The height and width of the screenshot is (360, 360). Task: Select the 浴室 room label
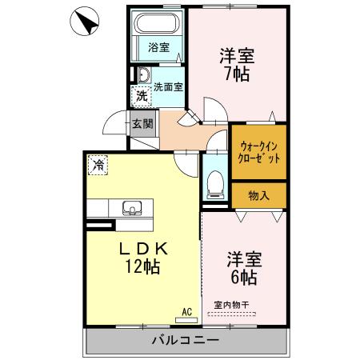pyautogui.click(x=158, y=47)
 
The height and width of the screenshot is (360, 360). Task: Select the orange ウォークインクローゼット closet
pyautogui.click(x=258, y=152)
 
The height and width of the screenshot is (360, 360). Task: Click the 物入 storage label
pyautogui.click(x=258, y=194)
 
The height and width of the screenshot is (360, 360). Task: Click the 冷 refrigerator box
pyautogui.click(x=98, y=166)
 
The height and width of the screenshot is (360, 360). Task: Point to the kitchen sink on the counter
pyautogui.click(x=130, y=208)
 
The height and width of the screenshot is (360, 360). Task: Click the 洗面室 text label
pyautogui.click(x=168, y=86)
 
